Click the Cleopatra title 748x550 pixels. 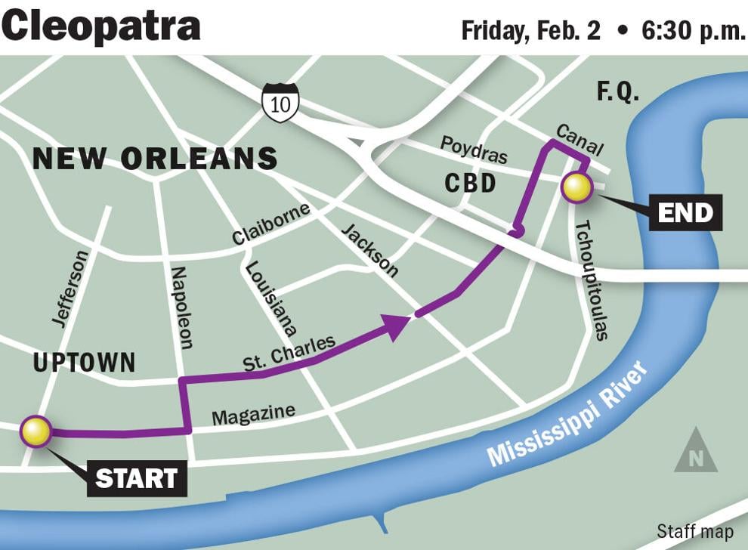tap(101, 26)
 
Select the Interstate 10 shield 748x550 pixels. tap(280, 103)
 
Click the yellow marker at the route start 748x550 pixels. tap(36, 432)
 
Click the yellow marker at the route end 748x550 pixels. tap(577, 187)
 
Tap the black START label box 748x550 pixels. tap(137, 478)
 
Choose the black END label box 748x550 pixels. tap(685, 212)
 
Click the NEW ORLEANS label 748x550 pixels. tap(155, 159)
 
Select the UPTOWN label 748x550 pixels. tap(84, 363)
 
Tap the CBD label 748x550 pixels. tap(470, 183)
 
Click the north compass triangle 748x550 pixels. tap(696, 452)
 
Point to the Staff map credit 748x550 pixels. tap(694, 531)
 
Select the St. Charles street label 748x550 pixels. tap(289, 353)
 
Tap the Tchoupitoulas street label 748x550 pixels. tap(592, 280)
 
